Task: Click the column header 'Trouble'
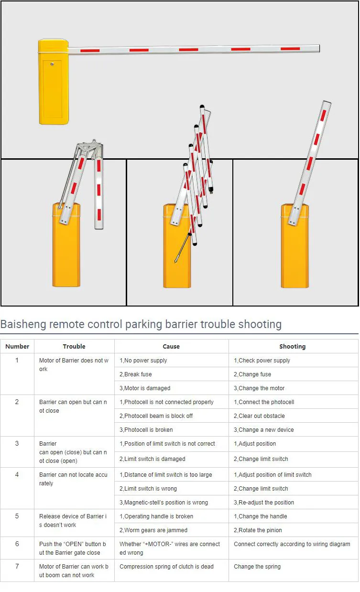(74, 346)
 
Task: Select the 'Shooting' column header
(292, 346)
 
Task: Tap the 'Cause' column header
(171, 346)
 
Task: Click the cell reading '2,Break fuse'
(138, 374)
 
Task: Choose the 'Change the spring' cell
(257, 567)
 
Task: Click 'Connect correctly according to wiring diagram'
(292, 544)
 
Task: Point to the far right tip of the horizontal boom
(318, 48)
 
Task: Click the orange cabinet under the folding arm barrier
(66, 253)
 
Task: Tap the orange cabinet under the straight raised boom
(295, 253)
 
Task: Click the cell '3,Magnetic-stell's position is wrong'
(165, 503)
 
